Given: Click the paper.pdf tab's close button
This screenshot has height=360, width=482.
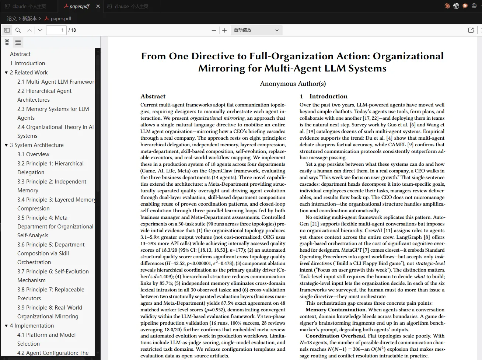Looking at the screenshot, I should (x=98, y=6).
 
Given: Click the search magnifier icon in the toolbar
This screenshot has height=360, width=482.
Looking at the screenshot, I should (x=18, y=30).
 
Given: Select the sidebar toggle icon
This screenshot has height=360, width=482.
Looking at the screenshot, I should (x=7, y=30).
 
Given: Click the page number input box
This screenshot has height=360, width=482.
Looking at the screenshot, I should (x=56, y=30).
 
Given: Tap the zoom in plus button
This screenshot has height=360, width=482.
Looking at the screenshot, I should (x=224, y=30).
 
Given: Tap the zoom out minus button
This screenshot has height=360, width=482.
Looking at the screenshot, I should (x=214, y=30).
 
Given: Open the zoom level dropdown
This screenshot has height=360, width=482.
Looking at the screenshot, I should (x=256, y=30).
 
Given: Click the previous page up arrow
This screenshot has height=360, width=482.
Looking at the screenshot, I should (x=29, y=30).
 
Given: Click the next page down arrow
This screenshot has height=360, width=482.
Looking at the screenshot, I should (x=40, y=30).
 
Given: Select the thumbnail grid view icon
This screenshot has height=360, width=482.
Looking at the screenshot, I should (x=7, y=42).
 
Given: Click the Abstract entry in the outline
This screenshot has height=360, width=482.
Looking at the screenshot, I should (x=20, y=54).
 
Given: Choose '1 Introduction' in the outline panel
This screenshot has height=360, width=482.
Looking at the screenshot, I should (x=28, y=63).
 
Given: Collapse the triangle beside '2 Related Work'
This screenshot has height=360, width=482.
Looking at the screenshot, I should (x=6, y=73).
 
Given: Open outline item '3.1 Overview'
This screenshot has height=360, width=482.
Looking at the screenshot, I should (x=33, y=154).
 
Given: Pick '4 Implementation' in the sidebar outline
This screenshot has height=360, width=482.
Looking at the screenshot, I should (x=32, y=326).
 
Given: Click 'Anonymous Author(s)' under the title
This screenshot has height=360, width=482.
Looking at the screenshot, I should (x=293, y=84).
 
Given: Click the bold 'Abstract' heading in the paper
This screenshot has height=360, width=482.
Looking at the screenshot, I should (x=153, y=96).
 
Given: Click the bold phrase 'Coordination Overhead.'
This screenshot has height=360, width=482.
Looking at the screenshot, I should (x=336, y=336).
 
